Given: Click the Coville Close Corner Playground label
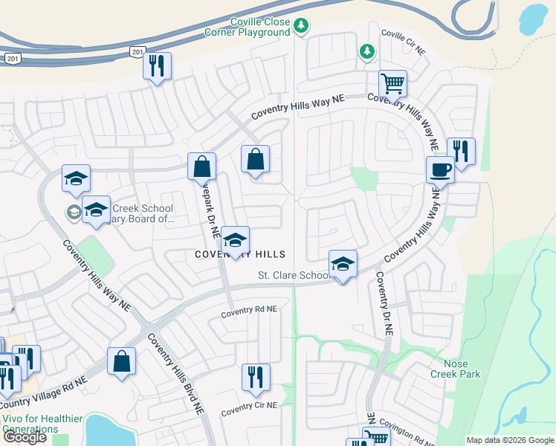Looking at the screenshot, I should click(x=249, y=28).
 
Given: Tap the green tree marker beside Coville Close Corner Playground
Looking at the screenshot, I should click(x=300, y=27).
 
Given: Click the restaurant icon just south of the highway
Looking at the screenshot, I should click(x=157, y=66).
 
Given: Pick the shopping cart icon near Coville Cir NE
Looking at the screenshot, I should click(x=392, y=83).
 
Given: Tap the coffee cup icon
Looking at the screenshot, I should click(x=440, y=169).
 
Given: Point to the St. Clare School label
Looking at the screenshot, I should click(x=294, y=275).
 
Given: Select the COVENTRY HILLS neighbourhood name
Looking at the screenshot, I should click(x=240, y=254).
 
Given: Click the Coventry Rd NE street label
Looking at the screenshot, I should click(x=249, y=309).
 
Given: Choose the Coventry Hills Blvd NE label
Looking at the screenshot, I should click(x=175, y=372).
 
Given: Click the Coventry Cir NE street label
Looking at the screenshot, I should click(x=249, y=407).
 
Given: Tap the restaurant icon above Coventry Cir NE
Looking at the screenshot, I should click(x=255, y=378).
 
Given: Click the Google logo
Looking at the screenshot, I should click(x=25, y=437).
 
